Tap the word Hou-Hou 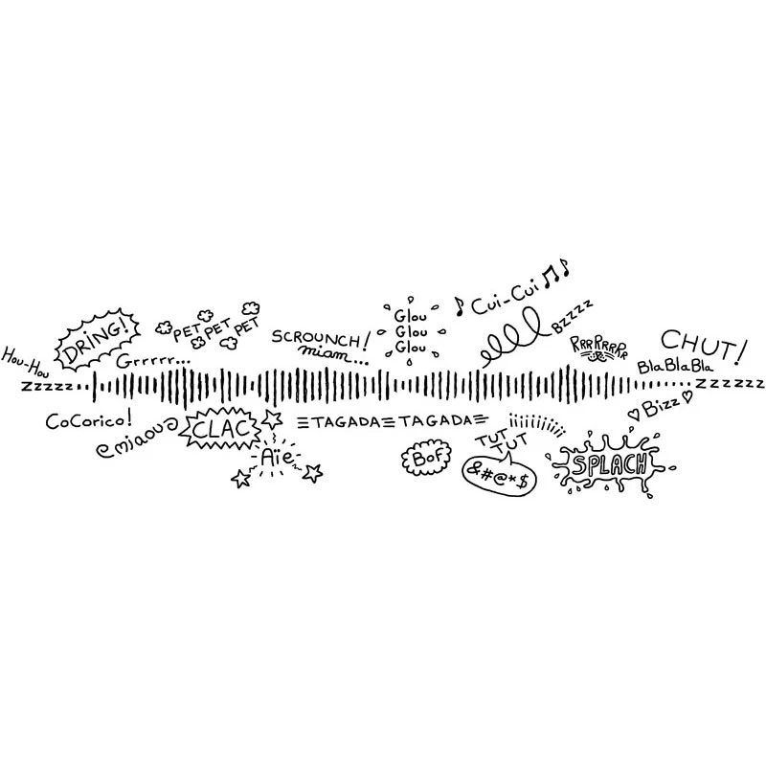(x=24, y=358)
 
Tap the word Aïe (x=279, y=459)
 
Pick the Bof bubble (x=423, y=458)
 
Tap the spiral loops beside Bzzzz (x=515, y=341)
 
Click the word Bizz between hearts (x=659, y=408)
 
